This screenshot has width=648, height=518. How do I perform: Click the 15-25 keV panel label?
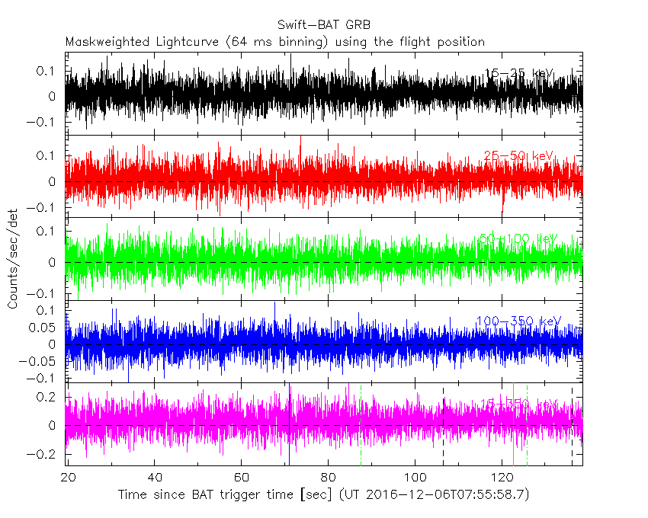click(519, 74)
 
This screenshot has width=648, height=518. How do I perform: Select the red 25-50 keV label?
click(519, 156)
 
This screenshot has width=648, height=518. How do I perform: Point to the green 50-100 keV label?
click(519, 238)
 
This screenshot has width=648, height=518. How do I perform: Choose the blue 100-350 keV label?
click(518, 321)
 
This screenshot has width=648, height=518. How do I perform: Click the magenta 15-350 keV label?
click(519, 403)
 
